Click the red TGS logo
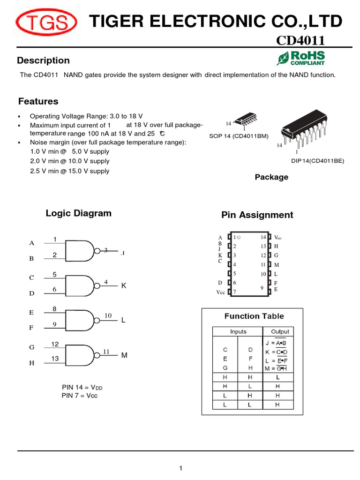(47, 23)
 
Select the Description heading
(43, 60)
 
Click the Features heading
(38, 101)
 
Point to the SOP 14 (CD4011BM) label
(239, 136)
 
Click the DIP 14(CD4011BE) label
(318, 161)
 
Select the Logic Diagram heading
(78, 213)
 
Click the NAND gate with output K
(81, 285)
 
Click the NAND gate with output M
(81, 356)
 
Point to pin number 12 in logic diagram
(55, 345)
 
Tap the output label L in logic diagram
(124, 320)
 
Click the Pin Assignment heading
(257, 215)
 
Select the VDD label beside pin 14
(277, 238)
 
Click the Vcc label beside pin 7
(221, 292)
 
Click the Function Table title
(254, 316)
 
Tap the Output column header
(280, 331)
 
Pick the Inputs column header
(238, 331)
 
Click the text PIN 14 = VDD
(82, 388)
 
